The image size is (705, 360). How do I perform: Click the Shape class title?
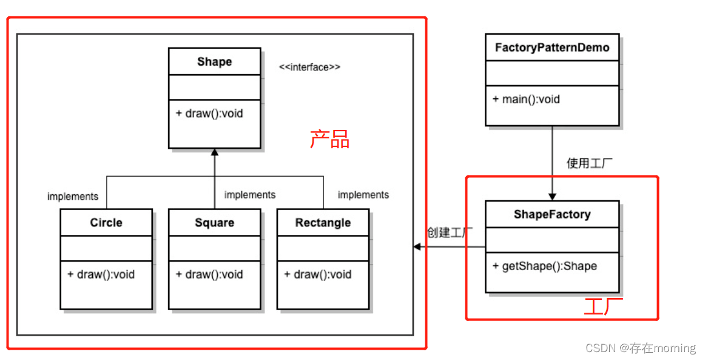pos(214,62)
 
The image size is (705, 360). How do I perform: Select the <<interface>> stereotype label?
pos(309,67)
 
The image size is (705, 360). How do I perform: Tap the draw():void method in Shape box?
pos(209,114)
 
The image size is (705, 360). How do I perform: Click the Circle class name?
pos(106,223)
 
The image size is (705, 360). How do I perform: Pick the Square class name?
pos(214,223)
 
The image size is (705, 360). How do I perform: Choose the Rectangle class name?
pos(323,223)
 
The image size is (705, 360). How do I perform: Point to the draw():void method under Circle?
pos(101,274)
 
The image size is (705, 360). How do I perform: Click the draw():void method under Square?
pos(209,274)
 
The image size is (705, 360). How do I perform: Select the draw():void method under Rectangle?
pos(317,274)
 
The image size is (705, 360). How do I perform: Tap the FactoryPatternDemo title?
pos(552,47)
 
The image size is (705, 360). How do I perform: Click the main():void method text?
pos(526,99)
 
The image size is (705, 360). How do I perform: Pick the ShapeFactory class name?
pos(552,214)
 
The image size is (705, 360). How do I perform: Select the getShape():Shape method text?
pos(545,266)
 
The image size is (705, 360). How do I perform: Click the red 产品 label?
pos(330,140)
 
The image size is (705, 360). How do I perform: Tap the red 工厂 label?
pos(603,307)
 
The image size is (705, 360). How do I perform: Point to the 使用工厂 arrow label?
pos(590,163)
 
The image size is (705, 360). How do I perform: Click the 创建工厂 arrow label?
pos(450,233)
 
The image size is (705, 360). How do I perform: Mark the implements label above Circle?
pos(73,196)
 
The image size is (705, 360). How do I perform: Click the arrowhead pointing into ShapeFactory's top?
pos(552,197)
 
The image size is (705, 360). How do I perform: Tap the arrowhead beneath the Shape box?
pos(214,152)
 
